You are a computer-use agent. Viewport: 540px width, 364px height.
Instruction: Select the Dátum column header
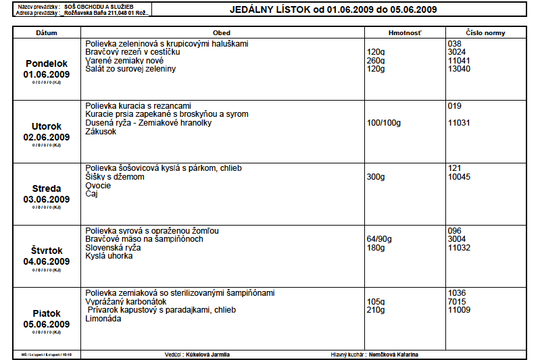[46, 32]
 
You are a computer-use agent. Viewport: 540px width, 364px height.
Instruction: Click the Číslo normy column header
[485, 32]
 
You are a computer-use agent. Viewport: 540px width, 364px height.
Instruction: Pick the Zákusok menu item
[101, 132]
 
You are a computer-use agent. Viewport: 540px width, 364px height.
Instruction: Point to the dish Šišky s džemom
[114, 177]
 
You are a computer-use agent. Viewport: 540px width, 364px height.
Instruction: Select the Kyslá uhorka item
[109, 256]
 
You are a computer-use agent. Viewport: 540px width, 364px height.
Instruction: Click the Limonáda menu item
[103, 319]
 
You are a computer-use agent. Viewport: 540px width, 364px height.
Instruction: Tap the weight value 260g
[375, 61]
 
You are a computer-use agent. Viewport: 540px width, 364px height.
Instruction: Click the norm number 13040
[459, 69]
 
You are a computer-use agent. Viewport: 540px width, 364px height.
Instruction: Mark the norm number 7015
[457, 302]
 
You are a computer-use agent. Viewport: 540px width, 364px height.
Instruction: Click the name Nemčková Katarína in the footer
[398, 354]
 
